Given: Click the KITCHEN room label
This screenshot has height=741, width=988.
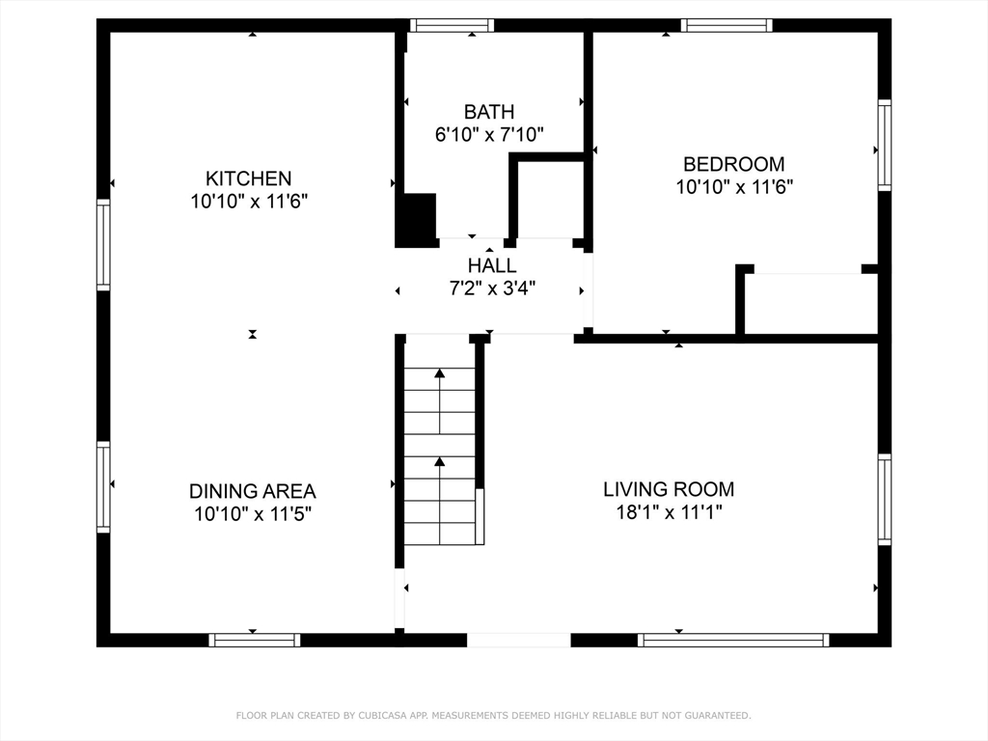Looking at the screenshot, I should pyautogui.click(x=248, y=178).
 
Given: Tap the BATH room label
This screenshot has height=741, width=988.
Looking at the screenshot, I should pyautogui.click(x=489, y=112).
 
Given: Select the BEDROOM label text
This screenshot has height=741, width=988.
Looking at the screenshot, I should pyautogui.click(x=733, y=164).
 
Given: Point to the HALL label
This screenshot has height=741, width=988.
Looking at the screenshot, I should pyautogui.click(x=491, y=265).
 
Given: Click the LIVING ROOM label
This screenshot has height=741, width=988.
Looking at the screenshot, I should pyautogui.click(x=669, y=489).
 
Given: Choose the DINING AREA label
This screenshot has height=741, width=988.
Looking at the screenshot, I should pyautogui.click(x=252, y=491).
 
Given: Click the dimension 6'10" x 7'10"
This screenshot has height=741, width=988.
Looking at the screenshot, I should pyautogui.click(x=489, y=135).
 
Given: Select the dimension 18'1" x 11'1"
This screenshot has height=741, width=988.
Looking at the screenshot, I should pyautogui.click(x=669, y=512).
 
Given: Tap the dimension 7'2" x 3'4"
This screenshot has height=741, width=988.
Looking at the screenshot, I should pyautogui.click(x=491, y=288).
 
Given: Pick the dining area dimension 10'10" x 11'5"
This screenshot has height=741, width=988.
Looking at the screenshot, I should pyautogui.click(x=252, y=514).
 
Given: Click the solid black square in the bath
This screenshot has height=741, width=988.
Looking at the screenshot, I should pyautogui.click(x=418, y=219).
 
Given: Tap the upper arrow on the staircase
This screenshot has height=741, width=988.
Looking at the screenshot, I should pyautogui.click(x=440, y=372).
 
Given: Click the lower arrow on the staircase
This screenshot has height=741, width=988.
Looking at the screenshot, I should pyautogui.click(x=440, y=462).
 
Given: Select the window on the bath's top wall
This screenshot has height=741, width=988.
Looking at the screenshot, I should pyautogui.click(x=452, y=25).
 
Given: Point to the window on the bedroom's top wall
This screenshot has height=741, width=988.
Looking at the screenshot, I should pyautogui.click(x=726, y=25).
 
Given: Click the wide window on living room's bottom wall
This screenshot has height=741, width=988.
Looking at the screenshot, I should pyautogui.click(x=733, y=640).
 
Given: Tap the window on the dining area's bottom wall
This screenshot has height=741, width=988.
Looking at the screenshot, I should pyautogui.click(x=255, y=640).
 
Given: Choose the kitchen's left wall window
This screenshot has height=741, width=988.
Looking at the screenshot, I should pyautogui.click(x=103, y=244).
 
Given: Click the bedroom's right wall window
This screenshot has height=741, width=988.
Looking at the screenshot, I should pyautogui.click(x=884, y=145).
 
